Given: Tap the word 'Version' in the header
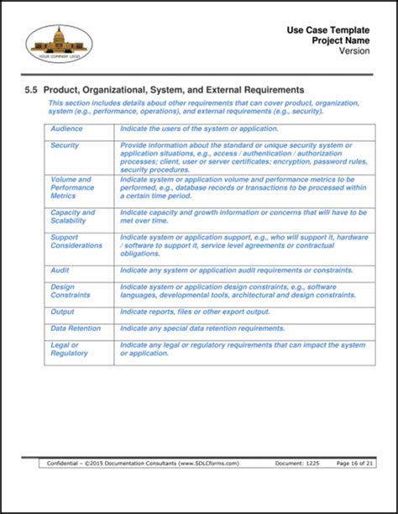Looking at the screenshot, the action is click(x=355, y=51).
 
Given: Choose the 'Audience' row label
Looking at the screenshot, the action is click(x=66, y=128).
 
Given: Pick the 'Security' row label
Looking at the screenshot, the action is click(x=65, y=145).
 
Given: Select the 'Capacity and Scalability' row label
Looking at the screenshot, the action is click(x=73, y=217).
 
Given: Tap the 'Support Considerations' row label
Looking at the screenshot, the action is click(x=76, y=241).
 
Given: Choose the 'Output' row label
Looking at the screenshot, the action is click(x=62, y=312).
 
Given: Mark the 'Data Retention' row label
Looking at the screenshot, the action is click(x=76, y=328).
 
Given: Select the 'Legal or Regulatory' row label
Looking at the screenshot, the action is click(x=69, y=349).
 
